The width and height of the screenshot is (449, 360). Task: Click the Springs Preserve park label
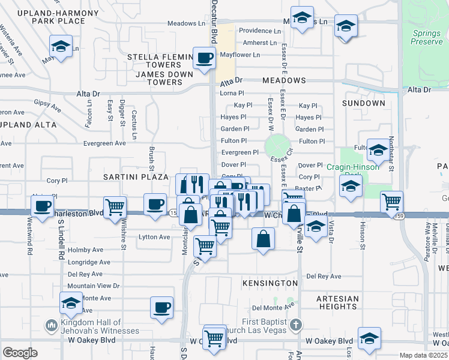[427, 37]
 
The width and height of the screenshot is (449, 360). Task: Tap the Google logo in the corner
[20, 352]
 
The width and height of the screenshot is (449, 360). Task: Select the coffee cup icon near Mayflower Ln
[204, 58]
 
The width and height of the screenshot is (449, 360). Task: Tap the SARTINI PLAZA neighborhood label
[134, 177]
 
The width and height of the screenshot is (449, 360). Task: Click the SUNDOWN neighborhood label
[363, 103]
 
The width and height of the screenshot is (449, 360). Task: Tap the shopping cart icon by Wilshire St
[115, 207]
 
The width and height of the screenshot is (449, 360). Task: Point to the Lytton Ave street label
[154, 237]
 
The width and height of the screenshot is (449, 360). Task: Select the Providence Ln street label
[259, 31]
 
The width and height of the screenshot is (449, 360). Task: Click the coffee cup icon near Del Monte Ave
[161, 308]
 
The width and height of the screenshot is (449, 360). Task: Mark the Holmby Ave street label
[86, 250]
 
